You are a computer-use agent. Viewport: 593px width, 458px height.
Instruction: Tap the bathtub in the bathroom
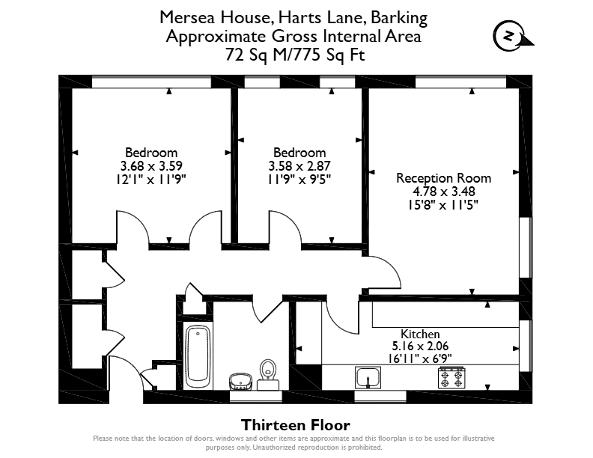pyautogui.click(x=198, y=356)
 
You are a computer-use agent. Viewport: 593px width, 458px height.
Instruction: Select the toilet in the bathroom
pyautogui.click(x=268, y=374)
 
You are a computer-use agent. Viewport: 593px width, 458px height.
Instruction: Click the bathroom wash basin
pyautogui.click(x=240, y=382)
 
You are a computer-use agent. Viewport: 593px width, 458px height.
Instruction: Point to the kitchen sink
pyautogui.click(x=368, y=377)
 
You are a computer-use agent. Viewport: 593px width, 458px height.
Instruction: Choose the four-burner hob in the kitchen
pyautogui.click(x=451, y=378)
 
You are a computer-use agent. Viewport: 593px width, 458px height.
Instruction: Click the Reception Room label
pyautogui.click(x=443, y=178)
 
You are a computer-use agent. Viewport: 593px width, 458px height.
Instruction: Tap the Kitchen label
pyautogui.click(x=420, y=334)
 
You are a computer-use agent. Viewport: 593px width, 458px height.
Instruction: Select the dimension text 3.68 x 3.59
pyautogui.click(x=151, y=166)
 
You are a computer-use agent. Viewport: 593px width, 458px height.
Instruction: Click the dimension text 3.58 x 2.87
pyautogui.click(x=299, y=166)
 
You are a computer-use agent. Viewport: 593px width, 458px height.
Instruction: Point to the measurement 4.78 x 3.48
pyautogui.click(x=443, y=192)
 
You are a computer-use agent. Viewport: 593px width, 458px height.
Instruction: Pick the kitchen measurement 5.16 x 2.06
pyautogui.click(x=420, y=346)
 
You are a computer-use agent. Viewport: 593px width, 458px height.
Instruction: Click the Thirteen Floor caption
pyautogui.click(x=296, y=425)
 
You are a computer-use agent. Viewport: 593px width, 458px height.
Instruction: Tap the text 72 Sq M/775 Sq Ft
pyautogui.click(x=295, y=55)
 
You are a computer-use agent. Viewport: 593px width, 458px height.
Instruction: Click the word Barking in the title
pyautogui.click(x=399, y=18)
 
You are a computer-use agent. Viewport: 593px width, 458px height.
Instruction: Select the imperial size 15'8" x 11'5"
pyautogui.click(x=443, y=205)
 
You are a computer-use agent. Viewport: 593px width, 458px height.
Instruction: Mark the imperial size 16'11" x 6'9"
pyautogui.click(x=420, y=358)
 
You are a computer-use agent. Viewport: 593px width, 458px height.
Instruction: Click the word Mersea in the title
pyautogui.click(x=188, y=17)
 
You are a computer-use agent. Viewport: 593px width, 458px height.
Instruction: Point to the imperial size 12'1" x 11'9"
pyautogui.click(x=151, y=180)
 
